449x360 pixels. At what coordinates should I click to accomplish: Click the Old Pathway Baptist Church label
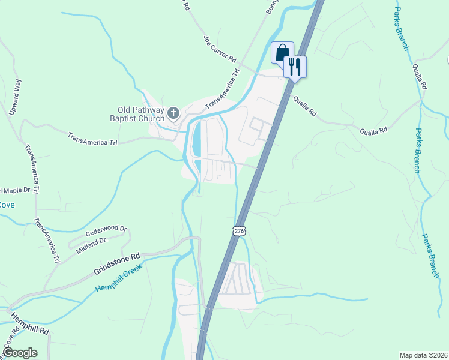pos(140,113)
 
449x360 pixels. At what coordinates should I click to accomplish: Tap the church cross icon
pos(173,112)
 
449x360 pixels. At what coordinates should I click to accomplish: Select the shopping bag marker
pos(282,52)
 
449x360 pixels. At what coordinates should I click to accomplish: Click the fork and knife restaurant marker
pos(294,66)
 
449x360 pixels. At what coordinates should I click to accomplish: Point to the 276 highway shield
pos(239,231)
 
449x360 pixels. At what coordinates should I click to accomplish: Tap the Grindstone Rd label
pos(116,263)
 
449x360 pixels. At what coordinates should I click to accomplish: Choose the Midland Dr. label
pos(91,244)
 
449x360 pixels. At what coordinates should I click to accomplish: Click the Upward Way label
pos(14,96)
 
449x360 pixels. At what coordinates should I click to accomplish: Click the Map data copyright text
pos(423,355)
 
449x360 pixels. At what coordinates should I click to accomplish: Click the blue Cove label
pos(7,205)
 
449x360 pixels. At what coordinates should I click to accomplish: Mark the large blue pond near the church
pos(196,139)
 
